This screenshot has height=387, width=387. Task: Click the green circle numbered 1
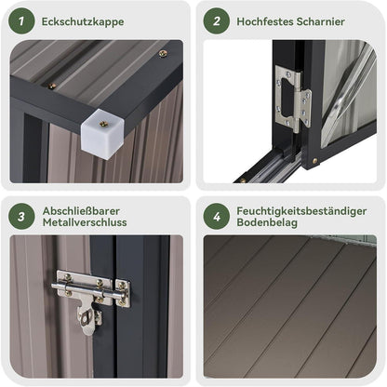click(x=21, y=21)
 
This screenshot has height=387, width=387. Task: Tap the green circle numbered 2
click(x=217, y=21)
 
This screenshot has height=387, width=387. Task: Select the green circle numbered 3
click(x=21, y=217)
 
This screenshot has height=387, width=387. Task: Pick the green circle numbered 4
click(x=217, y=217)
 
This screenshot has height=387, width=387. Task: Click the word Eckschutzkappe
click(x=83, y=21)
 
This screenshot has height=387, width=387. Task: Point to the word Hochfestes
click(x=264, y=21)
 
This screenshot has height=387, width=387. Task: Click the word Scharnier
click(x=320, y=21)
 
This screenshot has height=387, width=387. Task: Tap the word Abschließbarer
click(x=81, y=211)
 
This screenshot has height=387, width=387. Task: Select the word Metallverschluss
click(x=85, y=222)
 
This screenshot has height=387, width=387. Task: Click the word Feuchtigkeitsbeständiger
click(x=301, y=211)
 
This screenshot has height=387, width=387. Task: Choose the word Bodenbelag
click(x=267, y=222)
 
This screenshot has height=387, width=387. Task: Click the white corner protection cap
click(x=103, y=134)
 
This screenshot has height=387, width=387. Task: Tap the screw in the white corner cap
click(x=103, y=124)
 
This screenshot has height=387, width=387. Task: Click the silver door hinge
click(x=293, y=99)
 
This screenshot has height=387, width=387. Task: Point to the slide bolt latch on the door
click(x=91, y=288)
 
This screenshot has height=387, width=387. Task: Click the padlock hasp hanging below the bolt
click(x=88, y=319)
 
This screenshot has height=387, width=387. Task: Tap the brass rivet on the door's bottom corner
click(x=315, y=161)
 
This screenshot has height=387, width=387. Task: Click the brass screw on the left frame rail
click(x=52, y=86)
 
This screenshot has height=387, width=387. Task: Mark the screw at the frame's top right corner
click(x=164, y=54)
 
